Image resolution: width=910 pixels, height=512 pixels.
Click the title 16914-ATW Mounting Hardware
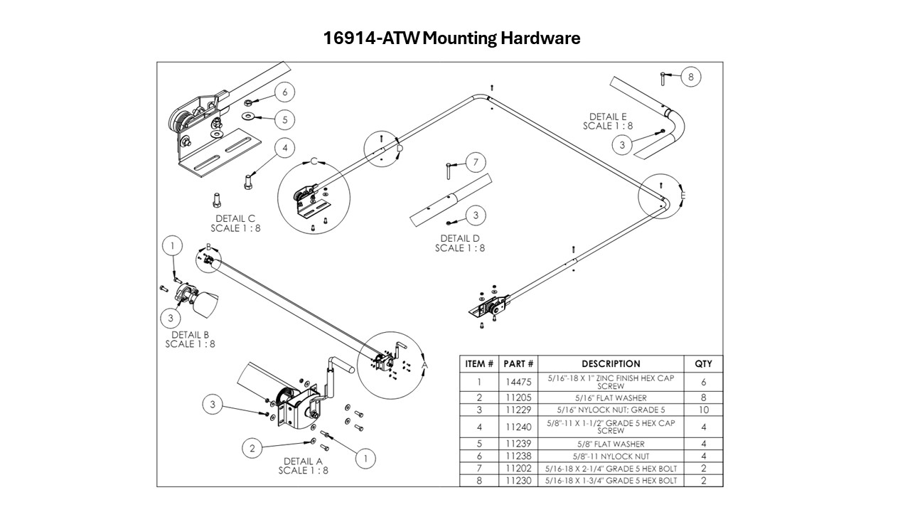coord(452,38)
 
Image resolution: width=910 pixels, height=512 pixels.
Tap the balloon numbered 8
coord(691,77)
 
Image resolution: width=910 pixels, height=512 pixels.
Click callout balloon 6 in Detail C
coord(284,92)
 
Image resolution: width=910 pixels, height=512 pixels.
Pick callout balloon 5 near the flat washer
coord(284,119)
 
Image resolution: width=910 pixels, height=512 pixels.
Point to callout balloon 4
coord(284,148)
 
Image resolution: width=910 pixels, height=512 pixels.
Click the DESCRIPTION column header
coord(611,364)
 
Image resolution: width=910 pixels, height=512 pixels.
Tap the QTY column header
coord(703,364)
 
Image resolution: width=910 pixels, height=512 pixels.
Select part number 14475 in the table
coord(520,382)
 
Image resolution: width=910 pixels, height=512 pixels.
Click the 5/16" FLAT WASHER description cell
coord(611,398)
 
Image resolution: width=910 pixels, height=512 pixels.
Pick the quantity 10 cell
coord(703,410)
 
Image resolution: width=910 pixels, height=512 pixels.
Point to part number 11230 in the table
coord(520,481)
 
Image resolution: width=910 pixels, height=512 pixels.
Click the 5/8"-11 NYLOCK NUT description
coord(611,457)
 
